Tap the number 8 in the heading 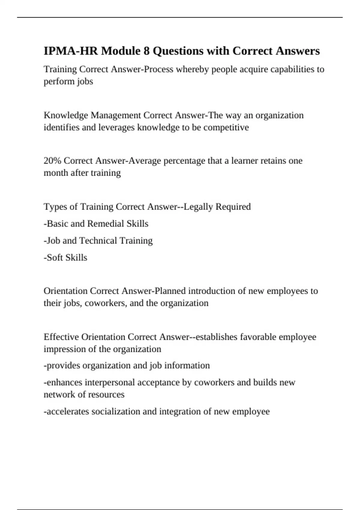click(x=146, y=51)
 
